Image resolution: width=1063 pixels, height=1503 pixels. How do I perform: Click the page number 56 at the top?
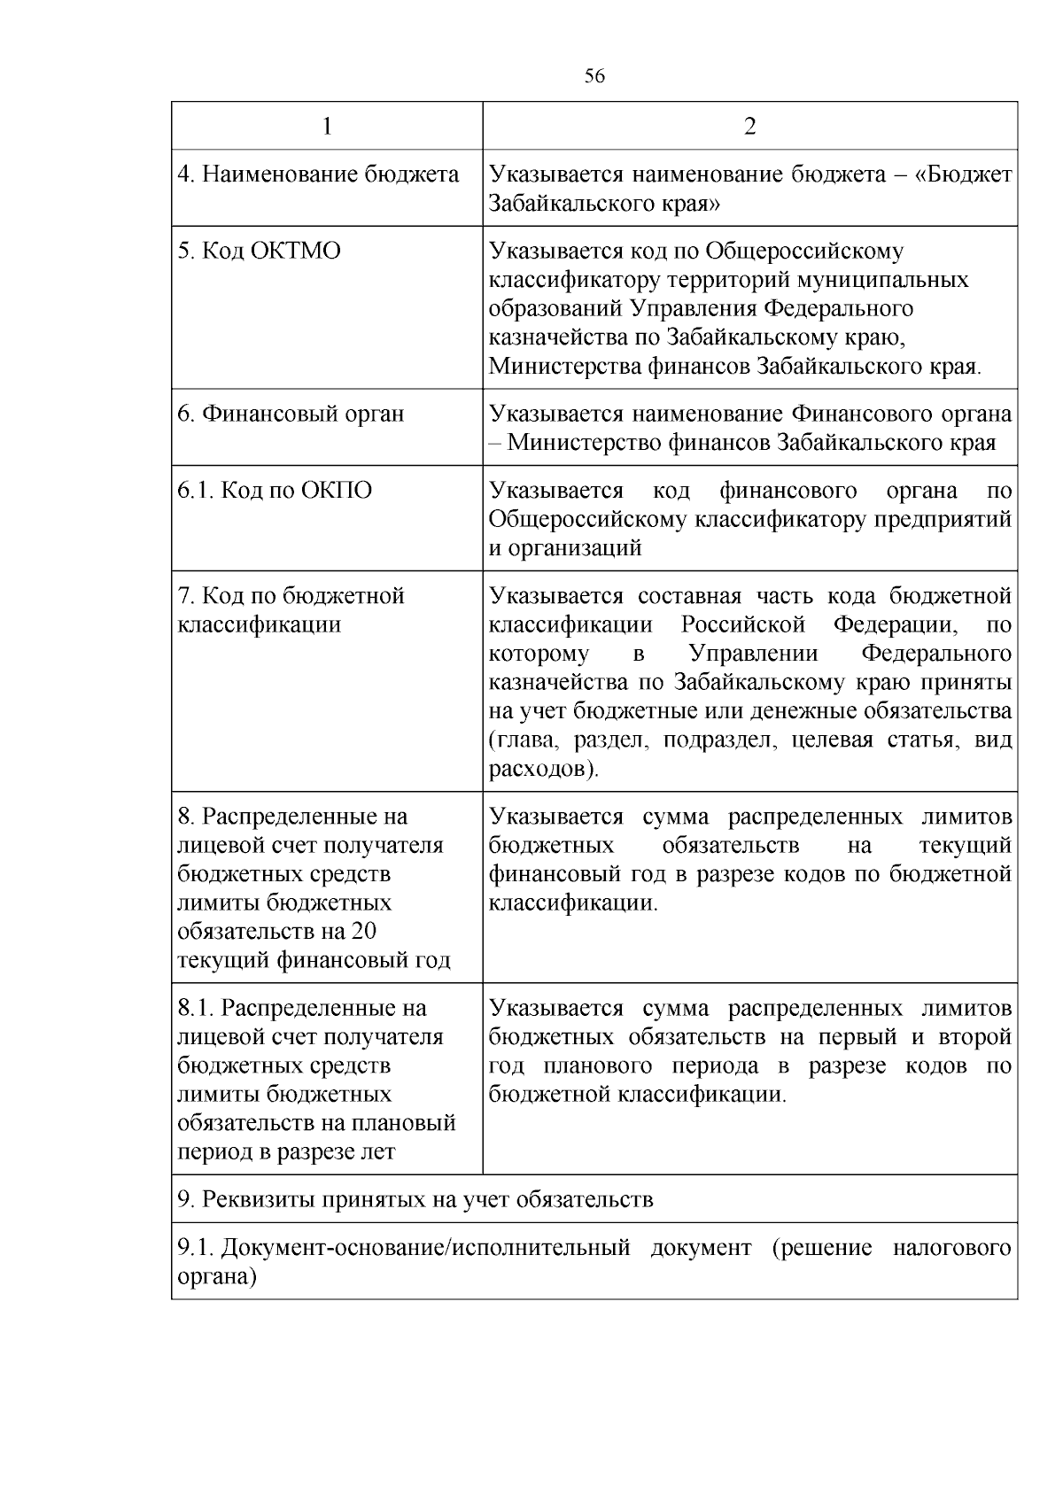(x=594, y=77)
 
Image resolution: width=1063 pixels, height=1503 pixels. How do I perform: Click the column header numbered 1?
(x=327, y=126)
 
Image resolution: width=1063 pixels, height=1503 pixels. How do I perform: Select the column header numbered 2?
(x=749, y=126)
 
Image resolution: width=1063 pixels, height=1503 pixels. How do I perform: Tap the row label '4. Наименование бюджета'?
(x=318, y=174)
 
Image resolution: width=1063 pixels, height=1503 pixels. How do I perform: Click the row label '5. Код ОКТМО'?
(x=259, y=251)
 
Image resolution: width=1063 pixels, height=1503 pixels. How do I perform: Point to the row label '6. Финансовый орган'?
(x=291, y=414)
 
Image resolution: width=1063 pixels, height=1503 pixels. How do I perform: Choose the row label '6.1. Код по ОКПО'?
(x=275, y=491)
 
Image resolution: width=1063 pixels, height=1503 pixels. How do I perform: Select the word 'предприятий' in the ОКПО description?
(x=943, y=519)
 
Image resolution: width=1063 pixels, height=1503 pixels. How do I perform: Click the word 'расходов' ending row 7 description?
(x=539, y=769)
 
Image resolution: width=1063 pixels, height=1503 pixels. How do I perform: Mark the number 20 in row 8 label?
(x=364, y=931)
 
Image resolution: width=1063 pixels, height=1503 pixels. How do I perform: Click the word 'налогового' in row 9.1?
(x=951, y=1248)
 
